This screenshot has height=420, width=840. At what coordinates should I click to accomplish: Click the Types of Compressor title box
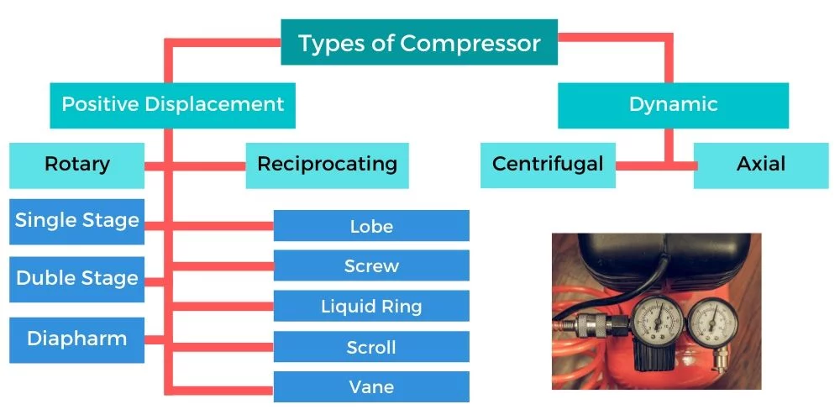coord(419,42)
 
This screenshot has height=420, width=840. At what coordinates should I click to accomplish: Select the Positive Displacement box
coord(172,105)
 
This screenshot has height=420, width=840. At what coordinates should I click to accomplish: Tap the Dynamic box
coord(673,105)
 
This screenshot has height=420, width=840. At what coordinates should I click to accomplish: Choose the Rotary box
coord(76,165)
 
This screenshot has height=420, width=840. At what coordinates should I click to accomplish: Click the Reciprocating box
coord(327,165)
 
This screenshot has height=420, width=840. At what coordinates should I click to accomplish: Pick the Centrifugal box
coord(548,165)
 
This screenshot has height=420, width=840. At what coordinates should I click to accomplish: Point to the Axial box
coord(761,165)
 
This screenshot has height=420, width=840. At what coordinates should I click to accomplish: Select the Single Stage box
coord(76,222)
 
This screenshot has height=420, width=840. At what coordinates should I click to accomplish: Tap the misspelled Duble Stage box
coord(76,279)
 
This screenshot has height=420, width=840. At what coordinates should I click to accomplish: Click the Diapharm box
coord(76,340)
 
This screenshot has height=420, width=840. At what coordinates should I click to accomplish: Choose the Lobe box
coord(371,225)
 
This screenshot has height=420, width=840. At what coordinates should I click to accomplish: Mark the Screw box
coord(371,265)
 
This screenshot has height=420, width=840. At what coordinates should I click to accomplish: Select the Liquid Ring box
coord(371,306)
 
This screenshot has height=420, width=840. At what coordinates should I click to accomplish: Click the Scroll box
coord(371,347)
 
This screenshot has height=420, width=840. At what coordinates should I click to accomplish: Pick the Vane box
coord(371,386)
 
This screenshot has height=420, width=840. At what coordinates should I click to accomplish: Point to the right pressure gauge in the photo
coord(712,323)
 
